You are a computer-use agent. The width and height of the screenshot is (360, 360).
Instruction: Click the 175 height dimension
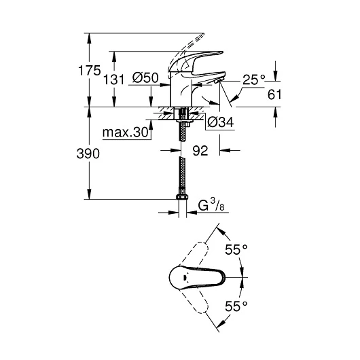pos(89,71)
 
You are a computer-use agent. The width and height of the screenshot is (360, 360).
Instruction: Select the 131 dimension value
pos(113,79)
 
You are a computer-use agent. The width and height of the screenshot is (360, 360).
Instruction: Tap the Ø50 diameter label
pos(145,77)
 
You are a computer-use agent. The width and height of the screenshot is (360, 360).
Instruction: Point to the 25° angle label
pos(254,79)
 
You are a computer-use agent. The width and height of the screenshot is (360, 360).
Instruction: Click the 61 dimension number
pos(274,94)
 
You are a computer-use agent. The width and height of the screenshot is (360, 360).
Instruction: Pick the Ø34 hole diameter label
pos(220,122)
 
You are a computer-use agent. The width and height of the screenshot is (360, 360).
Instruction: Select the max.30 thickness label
pos(126,132)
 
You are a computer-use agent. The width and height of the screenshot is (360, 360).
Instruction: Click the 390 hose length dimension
pos(88,154)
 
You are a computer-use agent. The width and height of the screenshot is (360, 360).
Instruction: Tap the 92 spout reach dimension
pos(200,151)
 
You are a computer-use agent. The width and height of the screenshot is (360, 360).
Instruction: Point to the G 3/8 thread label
pos(211,205)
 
